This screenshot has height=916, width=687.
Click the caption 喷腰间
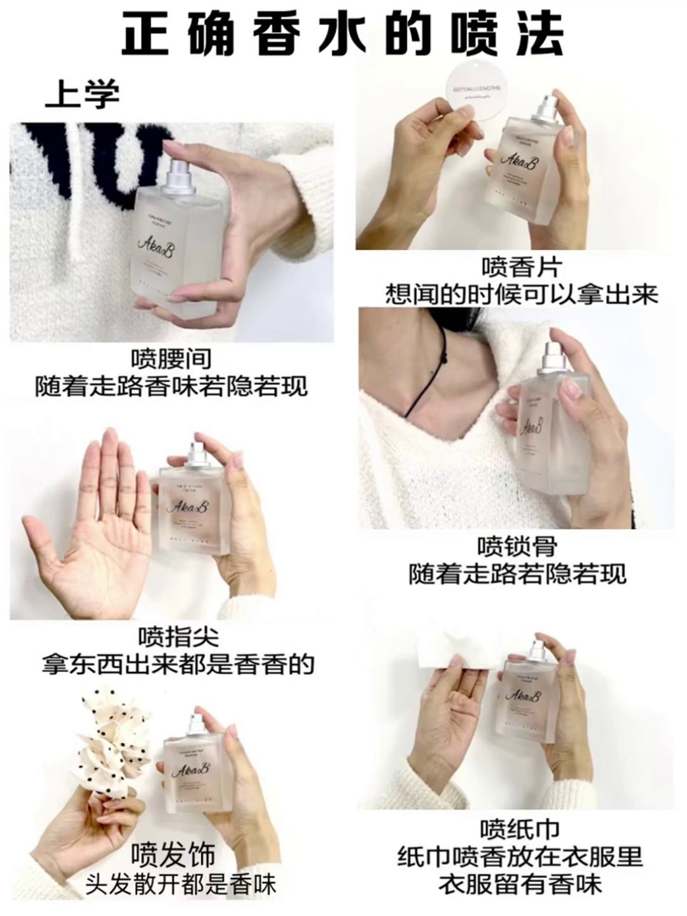click(x=171, y=358)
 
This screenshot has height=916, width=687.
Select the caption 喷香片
click(x=520, y=267)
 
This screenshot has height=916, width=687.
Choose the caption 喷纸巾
click(x=520, y=829)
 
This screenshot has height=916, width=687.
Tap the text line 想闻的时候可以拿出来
click(x=521, y=295)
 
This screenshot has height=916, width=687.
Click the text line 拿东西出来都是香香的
click(x=178, y=664)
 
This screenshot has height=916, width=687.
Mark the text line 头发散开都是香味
click(x=181, y=885)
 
